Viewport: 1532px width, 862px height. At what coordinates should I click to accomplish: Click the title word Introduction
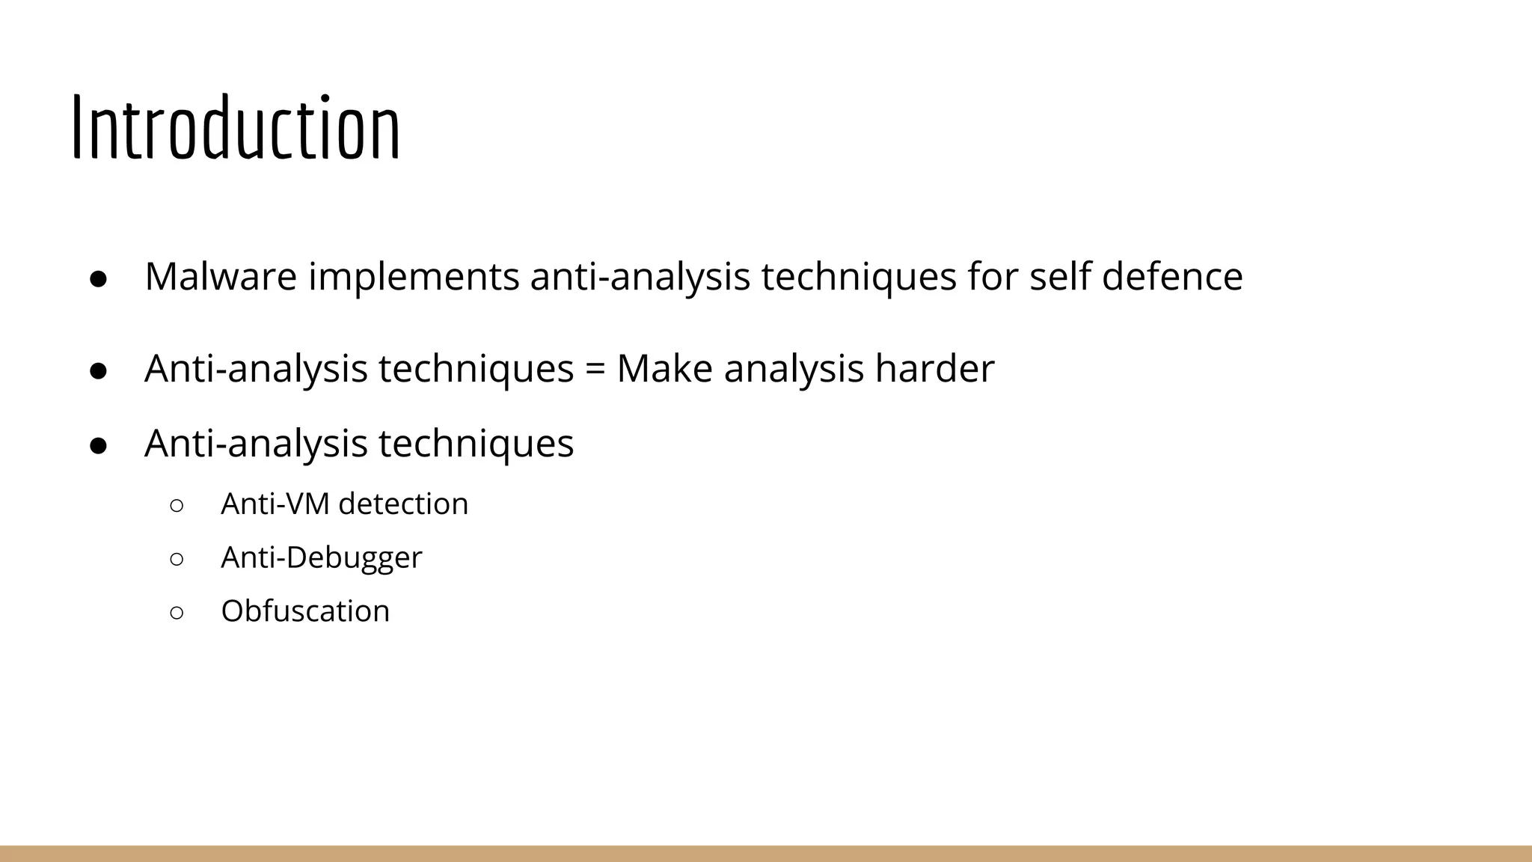click(236, 129)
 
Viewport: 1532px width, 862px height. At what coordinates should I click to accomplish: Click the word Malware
click(221, 276)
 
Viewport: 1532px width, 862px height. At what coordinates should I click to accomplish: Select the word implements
click(414, 276)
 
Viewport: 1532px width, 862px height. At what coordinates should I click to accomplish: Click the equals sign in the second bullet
click(595, 370)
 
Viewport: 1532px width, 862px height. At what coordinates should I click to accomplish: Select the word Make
click(664, 369)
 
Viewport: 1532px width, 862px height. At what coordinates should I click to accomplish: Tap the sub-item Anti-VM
click(275, 504)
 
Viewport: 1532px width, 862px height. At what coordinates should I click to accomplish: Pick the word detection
click(403, 504)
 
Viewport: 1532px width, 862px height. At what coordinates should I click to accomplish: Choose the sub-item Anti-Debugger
click(322, 558)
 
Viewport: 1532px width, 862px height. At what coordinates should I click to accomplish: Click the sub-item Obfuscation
click(305, 611)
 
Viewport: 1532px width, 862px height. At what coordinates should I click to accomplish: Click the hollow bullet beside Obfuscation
click(177, 613)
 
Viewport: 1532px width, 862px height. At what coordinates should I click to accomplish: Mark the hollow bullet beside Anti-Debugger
click(177, 559)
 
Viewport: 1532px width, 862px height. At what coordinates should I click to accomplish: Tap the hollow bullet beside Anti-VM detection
click(177, 505)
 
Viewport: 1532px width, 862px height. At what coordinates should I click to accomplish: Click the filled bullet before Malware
click(99, 278)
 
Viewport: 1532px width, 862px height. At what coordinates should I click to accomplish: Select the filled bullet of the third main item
click(99, 445)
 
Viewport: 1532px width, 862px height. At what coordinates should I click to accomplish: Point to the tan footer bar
click(766, 853)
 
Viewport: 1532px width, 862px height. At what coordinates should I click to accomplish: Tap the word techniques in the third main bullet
click(476, 443)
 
